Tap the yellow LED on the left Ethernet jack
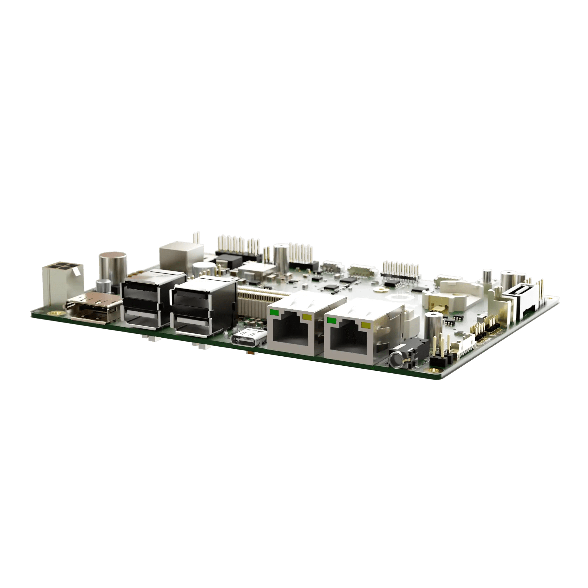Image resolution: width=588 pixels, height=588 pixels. [x=308, y=318]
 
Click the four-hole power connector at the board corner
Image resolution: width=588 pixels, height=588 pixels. [x=62, y=277]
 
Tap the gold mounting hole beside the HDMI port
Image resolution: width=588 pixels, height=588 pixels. [x=56, y=313]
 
